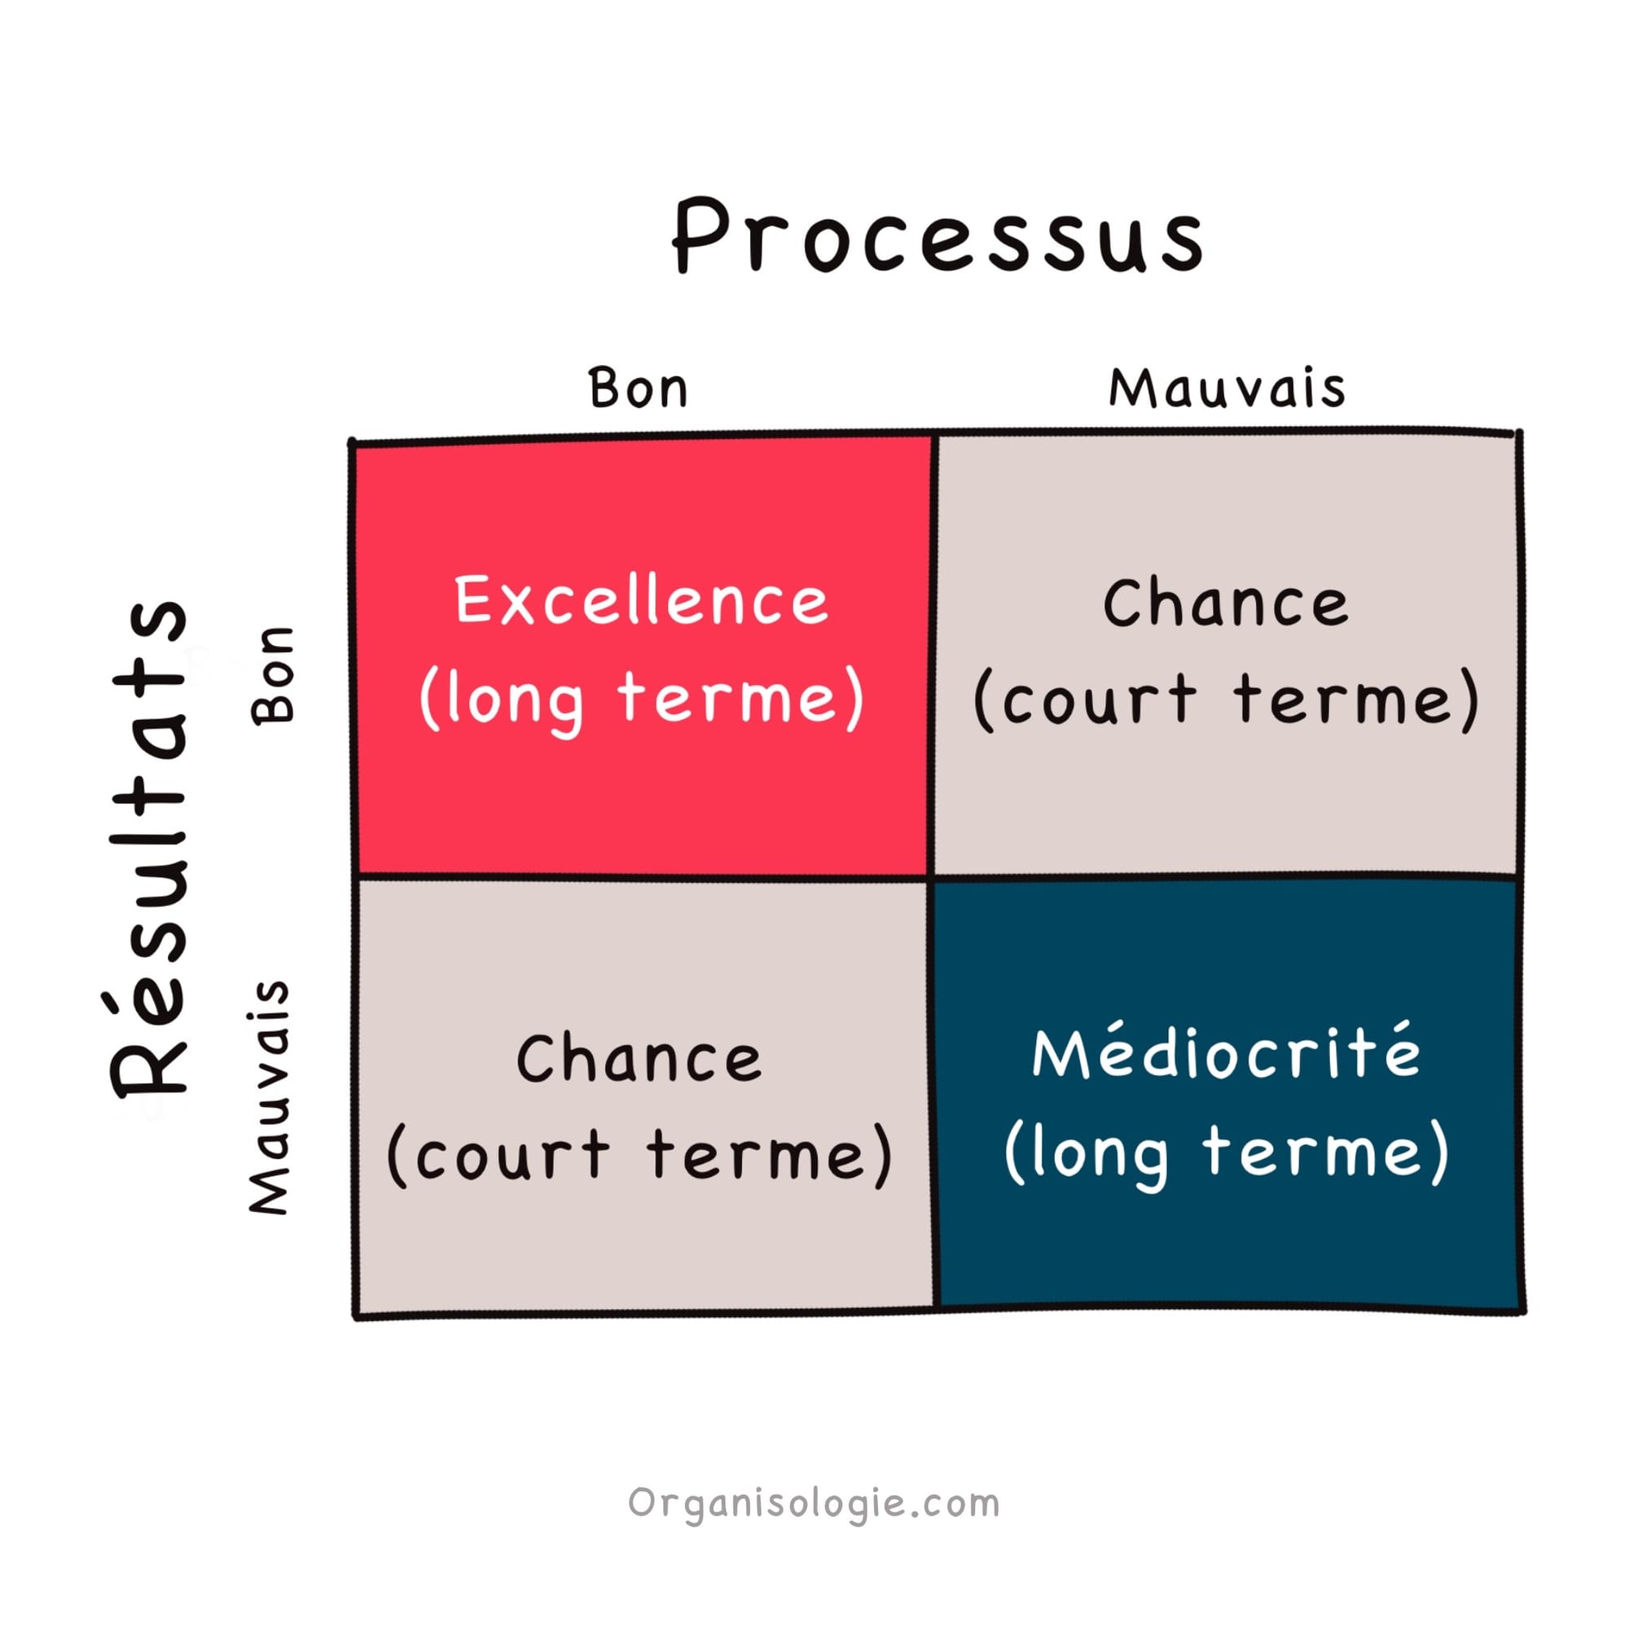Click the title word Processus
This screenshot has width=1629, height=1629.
pyautogui.click(x=937, y=238)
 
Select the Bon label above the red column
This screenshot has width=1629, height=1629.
pyautogui.click(x=639, y=389)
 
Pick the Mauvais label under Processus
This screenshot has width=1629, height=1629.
pyautogui.click(x=1227, y=389)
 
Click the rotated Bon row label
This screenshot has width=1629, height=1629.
pyautogui.click(x=273, y=674)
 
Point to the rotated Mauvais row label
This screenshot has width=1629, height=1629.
pyautogui.click(x=270, y=1096)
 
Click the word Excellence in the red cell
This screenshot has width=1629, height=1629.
pyautogui.click(x=642, y=601)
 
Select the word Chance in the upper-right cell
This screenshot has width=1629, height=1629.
pyautogui.click(x=1227, y=604)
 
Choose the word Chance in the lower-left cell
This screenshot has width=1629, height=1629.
pyautogui.click(x=639, y=1059)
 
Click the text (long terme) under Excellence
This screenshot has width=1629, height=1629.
pyautogui.click(x=642, y=700)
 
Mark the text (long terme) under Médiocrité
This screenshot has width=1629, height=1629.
pyautogui.click(x=1227, y=1153)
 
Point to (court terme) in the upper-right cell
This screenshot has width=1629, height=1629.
pyautogui.click(x=1227, y=700)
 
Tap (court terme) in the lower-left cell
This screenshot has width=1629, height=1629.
pyautogui.click(x=639, y=1155)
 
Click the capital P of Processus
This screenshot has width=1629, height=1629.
pyautogui.click(x=701, y=236)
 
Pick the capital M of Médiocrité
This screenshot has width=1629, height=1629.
pyautogui.click(x=1060, y=1054)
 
